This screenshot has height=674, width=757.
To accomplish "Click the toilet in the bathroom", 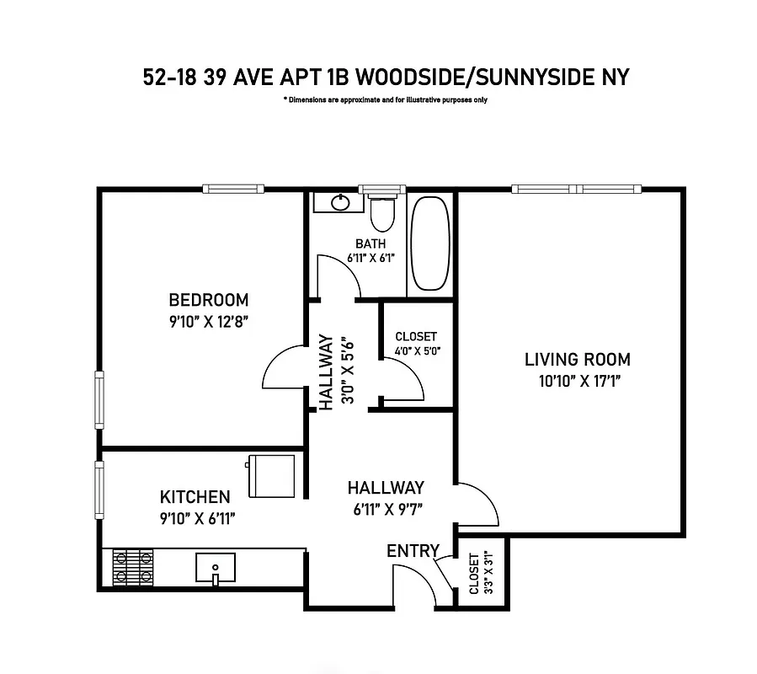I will tap(382, 214).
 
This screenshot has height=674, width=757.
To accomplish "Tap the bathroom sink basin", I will tap(341, 202).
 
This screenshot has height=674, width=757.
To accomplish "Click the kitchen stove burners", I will tap(133, 567).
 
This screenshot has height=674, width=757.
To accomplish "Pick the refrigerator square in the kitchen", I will tap(270, 475).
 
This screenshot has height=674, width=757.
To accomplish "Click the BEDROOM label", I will tap(209, 300).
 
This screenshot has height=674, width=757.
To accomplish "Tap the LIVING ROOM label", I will tap(577, 360).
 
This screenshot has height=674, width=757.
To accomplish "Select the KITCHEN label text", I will tap(195, 497).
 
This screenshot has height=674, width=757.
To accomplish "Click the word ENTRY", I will tap(413, 551).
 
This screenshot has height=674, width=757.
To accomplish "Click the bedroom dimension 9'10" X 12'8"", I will tap(209, 321).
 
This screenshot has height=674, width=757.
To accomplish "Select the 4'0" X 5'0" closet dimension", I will tap(418, 351).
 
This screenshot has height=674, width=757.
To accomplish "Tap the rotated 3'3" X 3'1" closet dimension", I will tap(479, 574).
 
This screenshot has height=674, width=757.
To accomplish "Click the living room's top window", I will tap(578, 189).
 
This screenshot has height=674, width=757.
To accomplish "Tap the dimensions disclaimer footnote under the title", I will tap(386, 100).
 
